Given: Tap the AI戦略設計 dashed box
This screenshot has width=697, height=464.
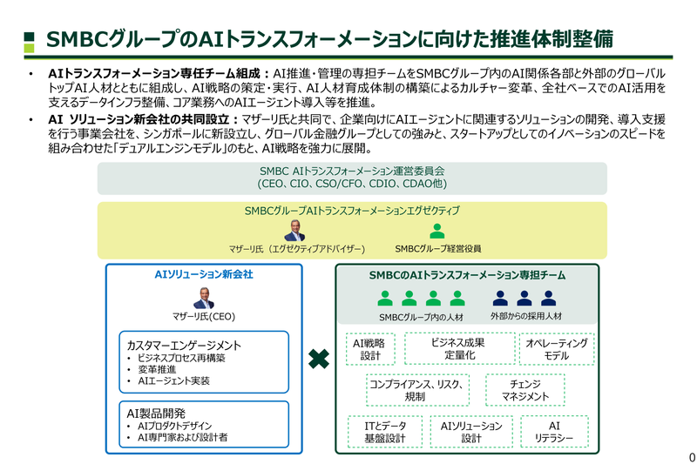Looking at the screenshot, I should pyautogui.click(x=371, y=349).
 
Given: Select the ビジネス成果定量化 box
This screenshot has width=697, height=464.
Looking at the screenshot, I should pyautogui.click(x=458, y=348).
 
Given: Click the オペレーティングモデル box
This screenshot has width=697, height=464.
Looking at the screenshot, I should pyautogui.click(x=557, y=349).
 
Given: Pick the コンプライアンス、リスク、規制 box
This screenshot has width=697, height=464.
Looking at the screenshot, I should pyautogui.click(x=416, y=389).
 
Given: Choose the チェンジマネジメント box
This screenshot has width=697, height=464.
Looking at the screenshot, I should pyautogui.click(x=525, y=389).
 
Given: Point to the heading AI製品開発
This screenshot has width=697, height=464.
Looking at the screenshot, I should pyautogui.click(x=156, y=413).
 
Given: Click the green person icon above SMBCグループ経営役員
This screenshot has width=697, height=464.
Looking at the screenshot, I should pyautogui.click(x=436, y=232).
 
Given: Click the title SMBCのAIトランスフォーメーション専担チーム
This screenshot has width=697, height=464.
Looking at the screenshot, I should pyautogui.click(x=467, y=274).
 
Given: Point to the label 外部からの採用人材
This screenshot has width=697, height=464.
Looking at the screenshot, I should pyautogui.click(x=525, y=315).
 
